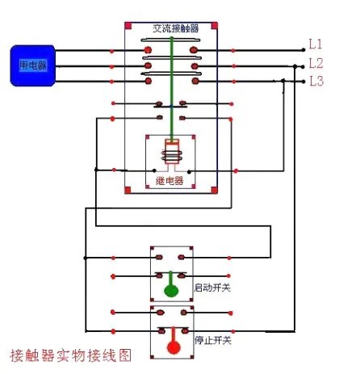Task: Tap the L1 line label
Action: click(x=316, y=44)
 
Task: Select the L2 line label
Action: click(x=316, y=62)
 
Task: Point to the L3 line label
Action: click(x=316, y=81)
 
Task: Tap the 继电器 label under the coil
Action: click(x=170, y=181)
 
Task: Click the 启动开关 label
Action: click(x=212, y=288)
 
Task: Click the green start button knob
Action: click(x=171, y=291)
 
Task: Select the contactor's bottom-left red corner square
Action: click(x=128, y=191)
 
